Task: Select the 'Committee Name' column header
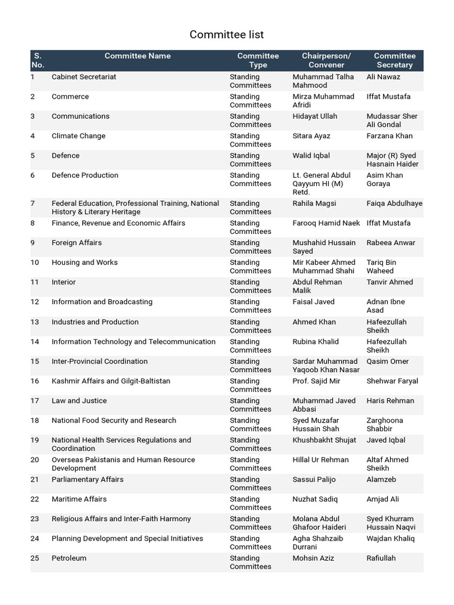click(x=137, y=56)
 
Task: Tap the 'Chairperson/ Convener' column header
click(x=326, y=60)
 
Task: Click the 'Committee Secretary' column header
click(x=394, y=60)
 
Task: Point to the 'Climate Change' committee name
click(x=78, y=136)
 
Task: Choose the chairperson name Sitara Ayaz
click(x=311, y=136)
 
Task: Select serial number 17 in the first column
click(x=34, y=401)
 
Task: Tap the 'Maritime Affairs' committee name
click(x=79, y=499)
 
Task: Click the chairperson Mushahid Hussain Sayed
click(x=324, y=246)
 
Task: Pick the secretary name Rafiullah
click(x=381, y=558)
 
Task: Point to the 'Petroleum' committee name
click(x=69, y=558)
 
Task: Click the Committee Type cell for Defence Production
click(x=250, y=180)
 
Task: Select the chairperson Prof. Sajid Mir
click(x=316, y=381)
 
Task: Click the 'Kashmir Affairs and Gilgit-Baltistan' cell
click(x=111, y=381)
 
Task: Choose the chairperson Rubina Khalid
click(x=316, y=341)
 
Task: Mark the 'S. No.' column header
click(x=37, y=60)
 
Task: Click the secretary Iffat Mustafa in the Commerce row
click(x=388, y=96)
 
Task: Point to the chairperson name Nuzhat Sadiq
click(x=315, y=499)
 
